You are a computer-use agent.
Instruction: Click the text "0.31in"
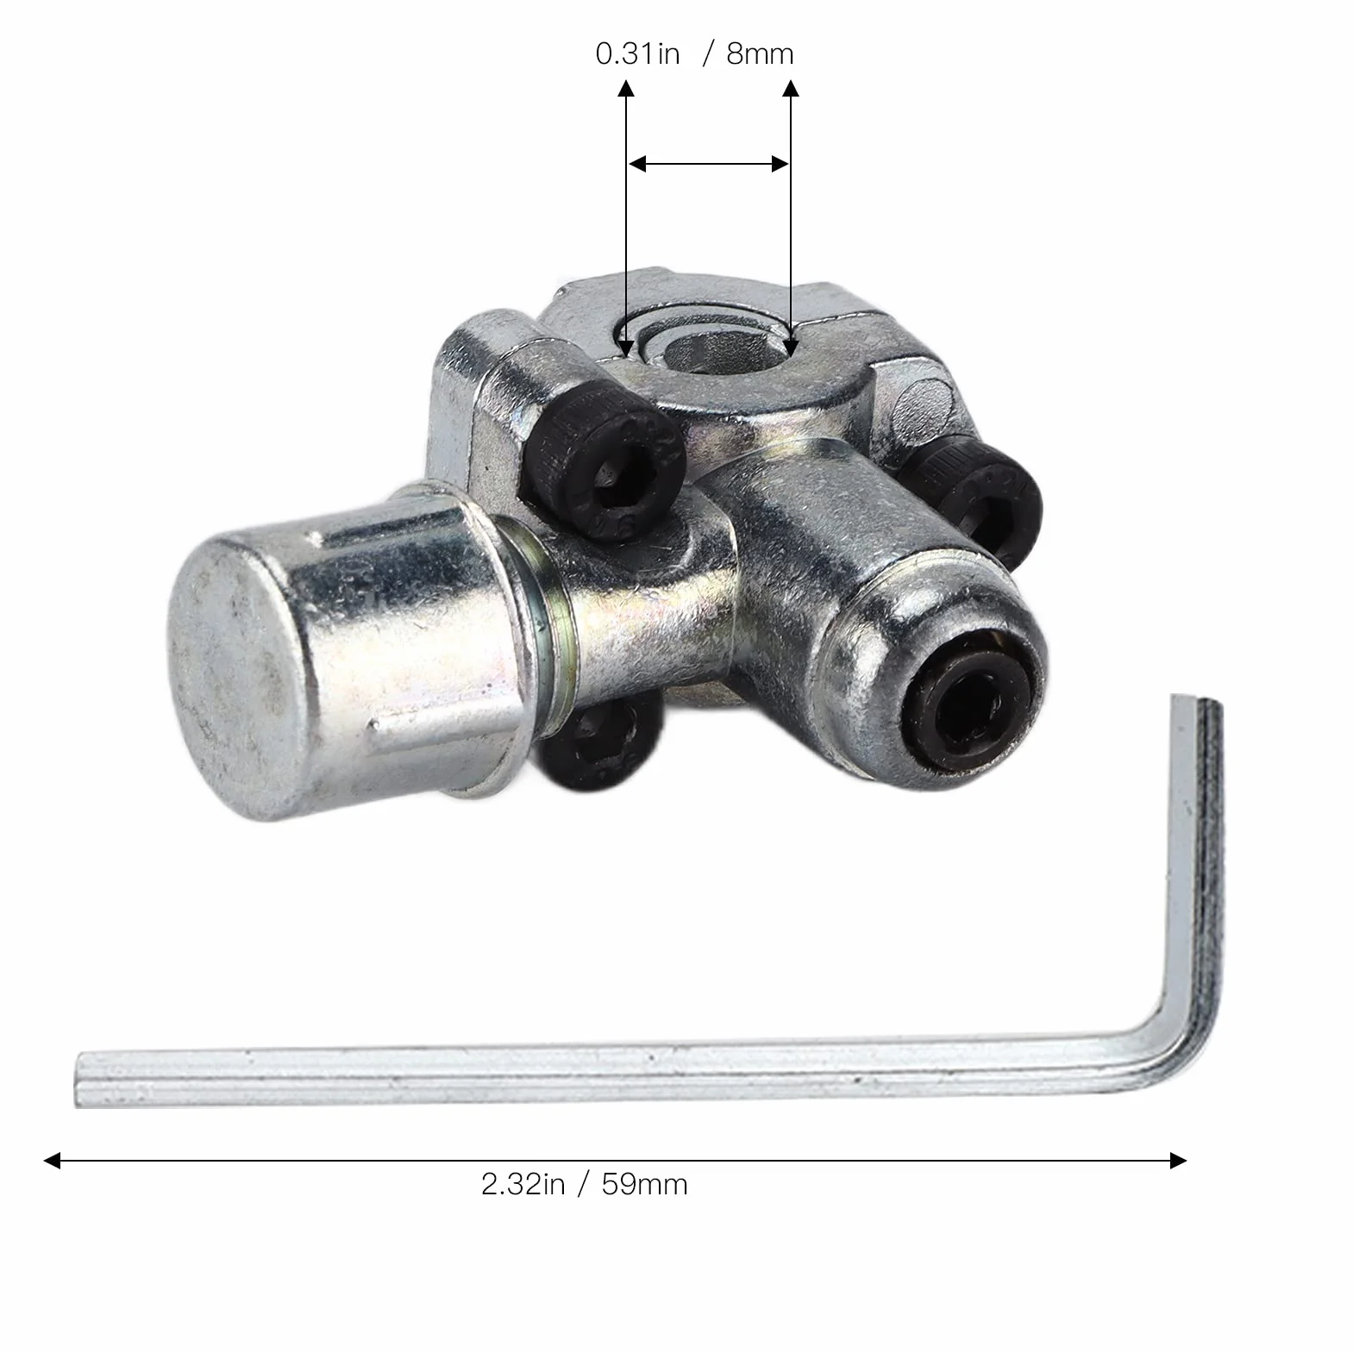[637, 54]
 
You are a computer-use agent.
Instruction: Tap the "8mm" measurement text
[759, 54]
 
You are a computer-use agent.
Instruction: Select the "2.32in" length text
[523, 1184]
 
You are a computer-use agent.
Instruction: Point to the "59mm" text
[644, 1184]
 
